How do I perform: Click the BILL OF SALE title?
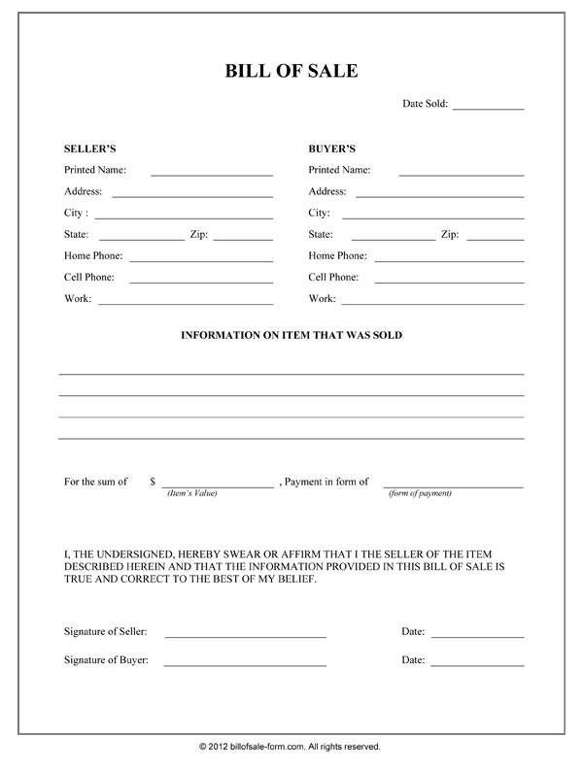coord(291,71)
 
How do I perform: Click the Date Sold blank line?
coord(488,108)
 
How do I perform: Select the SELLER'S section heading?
coord(89,149)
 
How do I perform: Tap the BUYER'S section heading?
coord(332,149)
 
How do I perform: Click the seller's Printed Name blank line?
coord(212,174)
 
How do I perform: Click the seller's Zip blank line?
coord(250,239)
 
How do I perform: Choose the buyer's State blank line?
coord(394,239)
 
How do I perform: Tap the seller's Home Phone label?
coord(93,256)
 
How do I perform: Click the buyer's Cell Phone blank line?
coord(449,282)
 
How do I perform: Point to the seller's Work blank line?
coord(186,303)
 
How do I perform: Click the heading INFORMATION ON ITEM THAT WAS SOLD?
coord(291,335)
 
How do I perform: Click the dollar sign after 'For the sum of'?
coord(153,482)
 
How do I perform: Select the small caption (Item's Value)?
coord(191,494)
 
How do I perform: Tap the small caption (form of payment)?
coord(420,494)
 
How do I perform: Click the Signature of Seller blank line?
coord(245,636)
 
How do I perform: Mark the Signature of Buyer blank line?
coord(245,665)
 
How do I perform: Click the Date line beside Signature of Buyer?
coord(477,665)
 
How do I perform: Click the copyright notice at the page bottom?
coord(291,747)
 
